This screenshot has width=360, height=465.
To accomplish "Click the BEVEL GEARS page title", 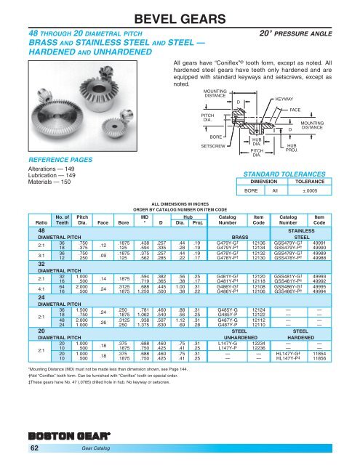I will click(180, 16).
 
